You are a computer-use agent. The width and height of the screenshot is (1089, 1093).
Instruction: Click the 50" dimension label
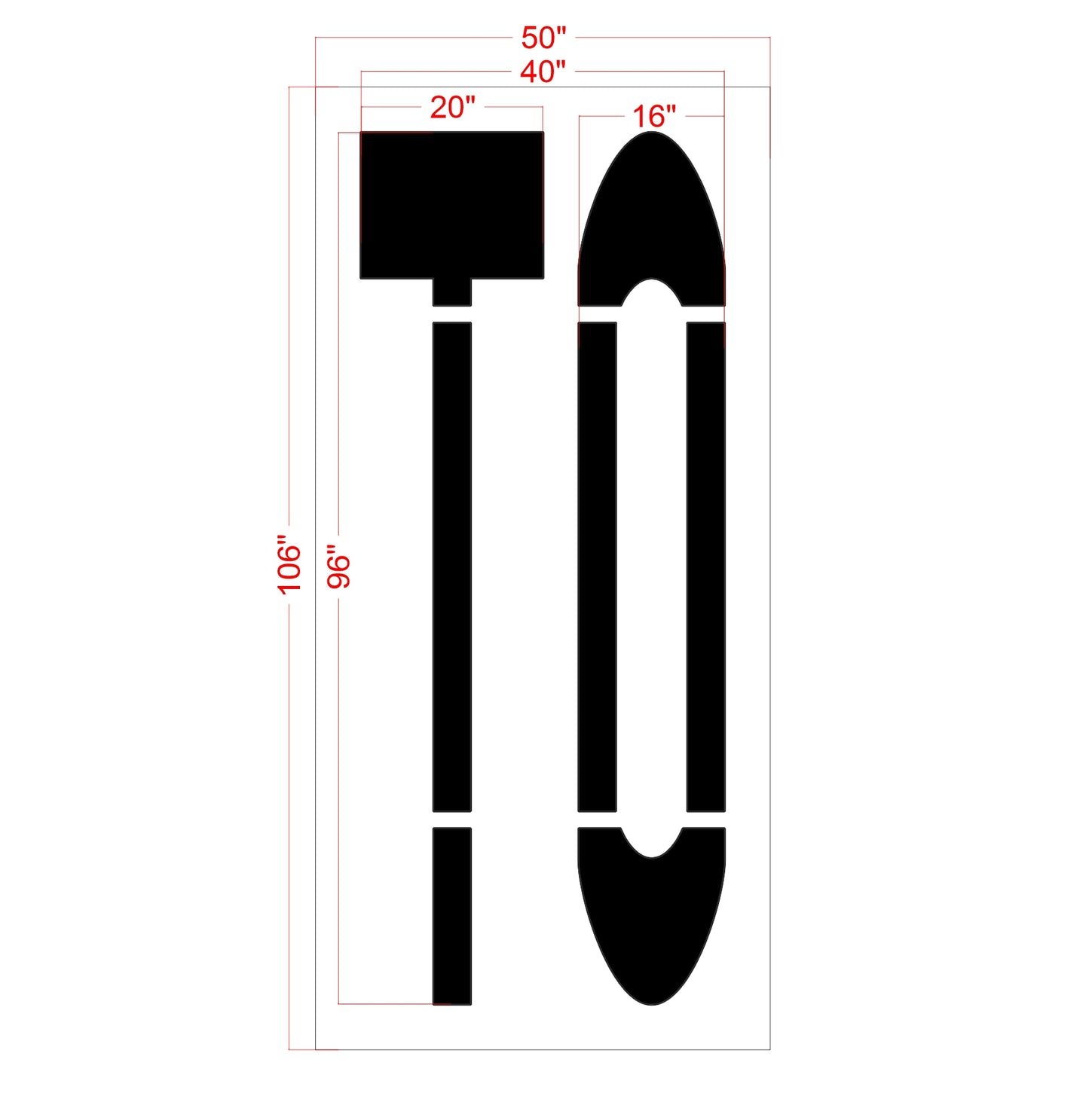(x=543, y=38)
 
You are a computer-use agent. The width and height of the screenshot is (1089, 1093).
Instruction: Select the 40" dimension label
(x=543, y=72)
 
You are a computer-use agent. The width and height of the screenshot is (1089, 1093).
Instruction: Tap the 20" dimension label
(x=452, y=108)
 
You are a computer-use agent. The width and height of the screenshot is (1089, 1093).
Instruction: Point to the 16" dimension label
(x=653, y=117)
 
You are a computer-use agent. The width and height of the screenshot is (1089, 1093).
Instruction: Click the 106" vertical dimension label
(x=289, y=565)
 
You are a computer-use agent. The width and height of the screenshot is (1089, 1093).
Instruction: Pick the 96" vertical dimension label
(x=339, y=566)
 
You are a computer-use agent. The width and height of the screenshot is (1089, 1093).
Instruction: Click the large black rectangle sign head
(x=452, y=205)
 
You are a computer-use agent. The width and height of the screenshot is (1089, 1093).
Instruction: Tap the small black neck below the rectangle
(x=452, y=292)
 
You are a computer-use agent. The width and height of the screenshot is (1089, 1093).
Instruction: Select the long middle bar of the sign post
(x=452, y=566)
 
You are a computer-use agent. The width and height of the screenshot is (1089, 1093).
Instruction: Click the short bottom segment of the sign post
(x=452, y=916)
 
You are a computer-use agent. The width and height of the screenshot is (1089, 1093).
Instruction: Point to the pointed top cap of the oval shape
(x=652, y=211)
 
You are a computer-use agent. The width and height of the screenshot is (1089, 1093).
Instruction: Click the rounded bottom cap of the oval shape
(x=652, y=927)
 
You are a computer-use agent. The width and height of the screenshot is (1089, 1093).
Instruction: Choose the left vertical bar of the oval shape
(x=598, y=566)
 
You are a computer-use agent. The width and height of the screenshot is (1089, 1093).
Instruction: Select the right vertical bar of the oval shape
(x=706, y=566)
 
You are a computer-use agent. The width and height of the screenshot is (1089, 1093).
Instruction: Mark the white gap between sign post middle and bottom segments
(x=452, y=820)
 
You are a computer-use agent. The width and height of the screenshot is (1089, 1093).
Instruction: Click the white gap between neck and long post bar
(x=452, y=314)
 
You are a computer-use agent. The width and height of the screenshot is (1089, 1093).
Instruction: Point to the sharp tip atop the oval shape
(x=652, y=134)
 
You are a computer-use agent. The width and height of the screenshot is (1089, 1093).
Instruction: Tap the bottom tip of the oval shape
(x=652, y=1002)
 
